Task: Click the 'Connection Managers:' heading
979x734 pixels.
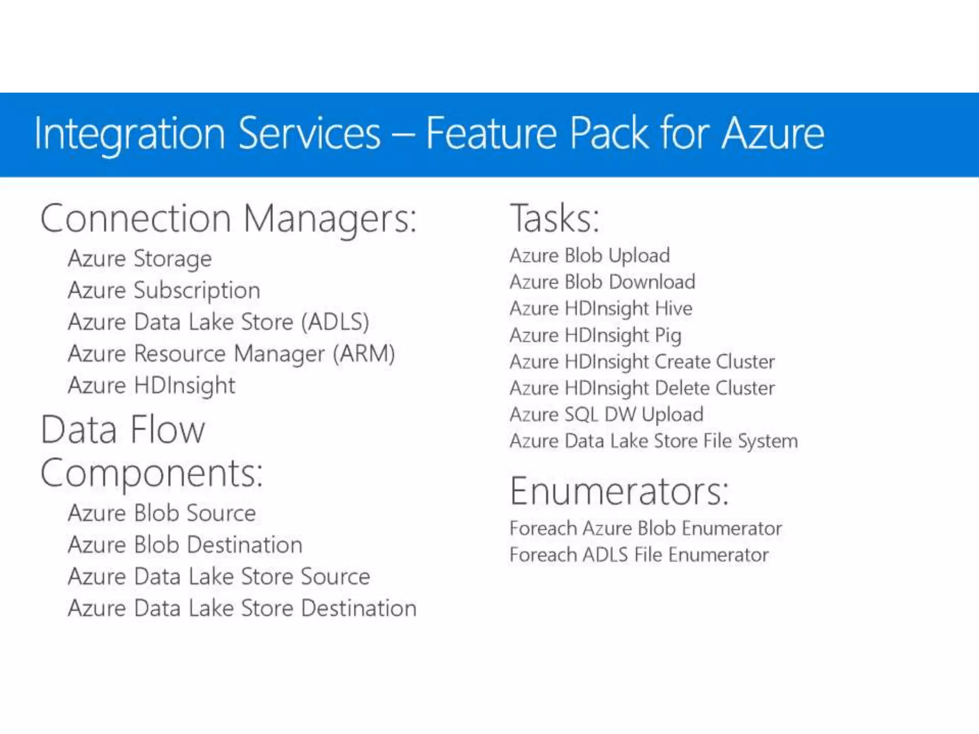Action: click(x=228, y=219)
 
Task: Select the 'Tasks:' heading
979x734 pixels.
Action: click(x=555, y=219)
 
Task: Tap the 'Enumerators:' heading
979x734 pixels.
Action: click(x=620, y=491)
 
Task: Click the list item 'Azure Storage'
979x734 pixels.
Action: click(x=140, y=259)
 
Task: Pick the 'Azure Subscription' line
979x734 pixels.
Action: click(x=164, y=291)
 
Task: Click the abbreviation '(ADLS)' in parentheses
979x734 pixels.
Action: click(x=336, y=322)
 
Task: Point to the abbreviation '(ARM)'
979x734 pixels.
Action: click(x=364, y=354)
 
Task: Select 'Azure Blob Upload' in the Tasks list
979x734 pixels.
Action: click(x=590, y=256)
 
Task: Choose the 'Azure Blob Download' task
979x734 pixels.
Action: click(x=602, y=282)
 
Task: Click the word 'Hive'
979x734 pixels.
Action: click(x=674, y=308)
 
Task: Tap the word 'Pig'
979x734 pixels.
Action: click(x=668, y=335)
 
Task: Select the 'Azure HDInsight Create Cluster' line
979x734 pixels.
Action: click(x=642, y=362)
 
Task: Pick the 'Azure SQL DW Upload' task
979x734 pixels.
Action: click(x=607, y=414)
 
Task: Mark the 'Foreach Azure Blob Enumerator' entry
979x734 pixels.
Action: click(x=646, y=529)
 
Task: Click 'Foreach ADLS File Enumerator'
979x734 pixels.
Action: click(x=639, y=555)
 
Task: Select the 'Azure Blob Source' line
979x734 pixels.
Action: click(x=162, y=513)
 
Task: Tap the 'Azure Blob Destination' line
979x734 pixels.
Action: click(x=185, y=545)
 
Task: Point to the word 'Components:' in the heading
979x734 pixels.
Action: click(x=152, y=473)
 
